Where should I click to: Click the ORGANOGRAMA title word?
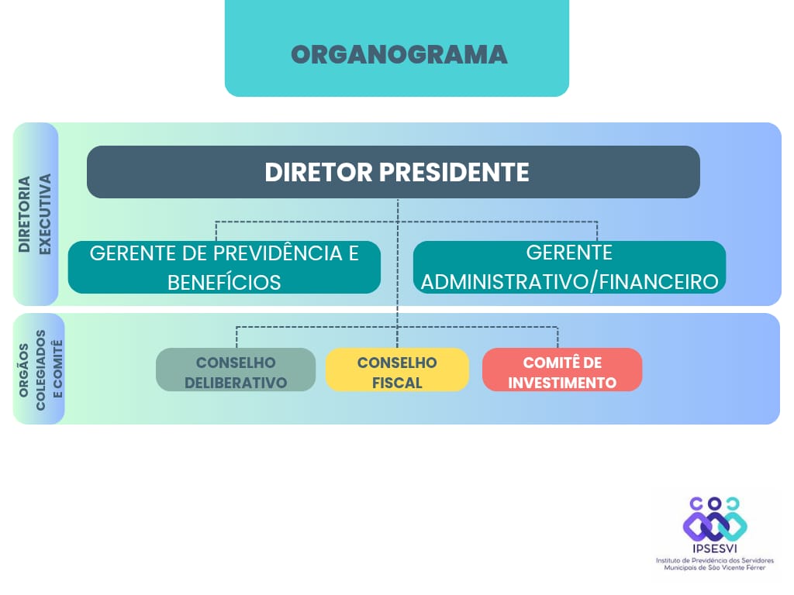pyautogui.click(x=399, y=55)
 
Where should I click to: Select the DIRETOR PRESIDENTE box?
pyautogui.click(x=393, y=172)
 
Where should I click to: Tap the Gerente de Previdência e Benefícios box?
pyautogui.click(x=224, y=267)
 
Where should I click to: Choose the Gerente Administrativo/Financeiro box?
pyautogui.click(x=569, y=267)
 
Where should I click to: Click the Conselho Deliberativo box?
pyautogui.click(x=236, y=370)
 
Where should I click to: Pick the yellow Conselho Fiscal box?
pyautogui.click(x=397, y=370)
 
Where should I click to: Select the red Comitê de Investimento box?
pyautogui.click(x=562, y=370)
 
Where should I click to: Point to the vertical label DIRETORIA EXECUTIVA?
pyautogui.click(x=34, y=214)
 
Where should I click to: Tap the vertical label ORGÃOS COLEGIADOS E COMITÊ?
pyautogui.click(x=40, y=370)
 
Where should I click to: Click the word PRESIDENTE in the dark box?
pyautogui.click(x=454, y=172)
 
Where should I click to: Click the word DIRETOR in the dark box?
pyautogui.click(x=319, y=172)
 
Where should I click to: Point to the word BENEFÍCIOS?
pyautogui.click(x=224, y=282)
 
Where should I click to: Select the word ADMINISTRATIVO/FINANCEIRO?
pyautogui.click(x=569, y=282)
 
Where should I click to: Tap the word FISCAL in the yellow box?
pyautogui.click(x=397, y=383)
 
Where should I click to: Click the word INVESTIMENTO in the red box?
pyautogui.click(x=562, y=383)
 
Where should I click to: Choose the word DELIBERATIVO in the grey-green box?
pyautogui.click(x=236, y=383)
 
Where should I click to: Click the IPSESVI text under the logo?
pyautogui.click(x=714, y=549)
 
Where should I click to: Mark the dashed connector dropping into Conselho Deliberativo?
pyautogui.click(x=236, y=338)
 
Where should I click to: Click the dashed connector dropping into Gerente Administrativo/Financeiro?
pyautogui.click(x=597, y=231)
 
